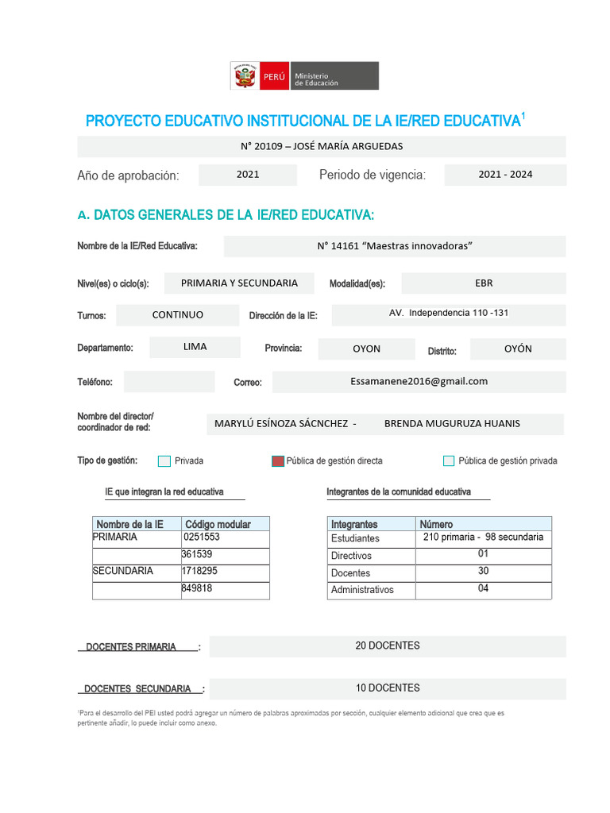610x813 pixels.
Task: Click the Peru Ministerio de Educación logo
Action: point(304,76)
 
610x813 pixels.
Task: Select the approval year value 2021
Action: point(248,175)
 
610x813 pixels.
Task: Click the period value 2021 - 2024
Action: point(505,175)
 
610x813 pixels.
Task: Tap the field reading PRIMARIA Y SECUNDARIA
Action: point(239,283)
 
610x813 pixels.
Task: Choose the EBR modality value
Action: point(483,283)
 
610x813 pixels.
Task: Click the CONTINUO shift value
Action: point(177,315)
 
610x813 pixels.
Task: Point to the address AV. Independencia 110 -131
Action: point(449,314)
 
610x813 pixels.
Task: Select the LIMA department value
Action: point(195,348)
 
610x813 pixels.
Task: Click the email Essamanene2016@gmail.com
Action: point(419,381)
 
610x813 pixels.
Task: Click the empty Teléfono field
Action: point(169,382)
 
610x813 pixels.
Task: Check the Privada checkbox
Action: point(164,461)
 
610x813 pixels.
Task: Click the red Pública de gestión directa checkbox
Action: point(278,461)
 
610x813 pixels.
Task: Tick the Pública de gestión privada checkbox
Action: point(449,461)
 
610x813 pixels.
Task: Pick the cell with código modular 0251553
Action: point(225,538)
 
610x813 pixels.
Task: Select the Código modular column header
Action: point(225,524)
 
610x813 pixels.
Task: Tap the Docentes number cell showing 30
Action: point(483,572)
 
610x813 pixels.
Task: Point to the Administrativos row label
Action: point(363,590)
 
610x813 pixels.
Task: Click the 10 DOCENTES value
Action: point(388,688)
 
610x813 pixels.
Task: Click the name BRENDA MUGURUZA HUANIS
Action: point(452,424)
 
